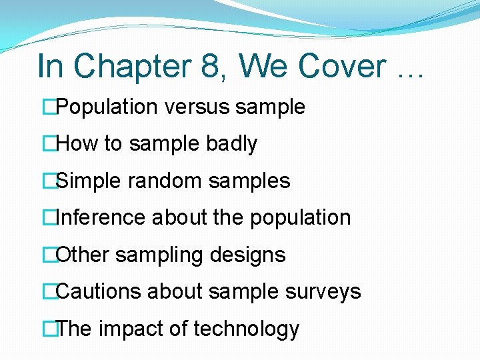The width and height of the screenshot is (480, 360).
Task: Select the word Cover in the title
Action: [x=341, y=67]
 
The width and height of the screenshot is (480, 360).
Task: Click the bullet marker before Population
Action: [x=47, y=107]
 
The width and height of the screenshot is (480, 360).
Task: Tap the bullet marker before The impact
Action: [x=47, y=329]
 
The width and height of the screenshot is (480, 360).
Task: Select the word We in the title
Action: [x=266, y=67]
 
